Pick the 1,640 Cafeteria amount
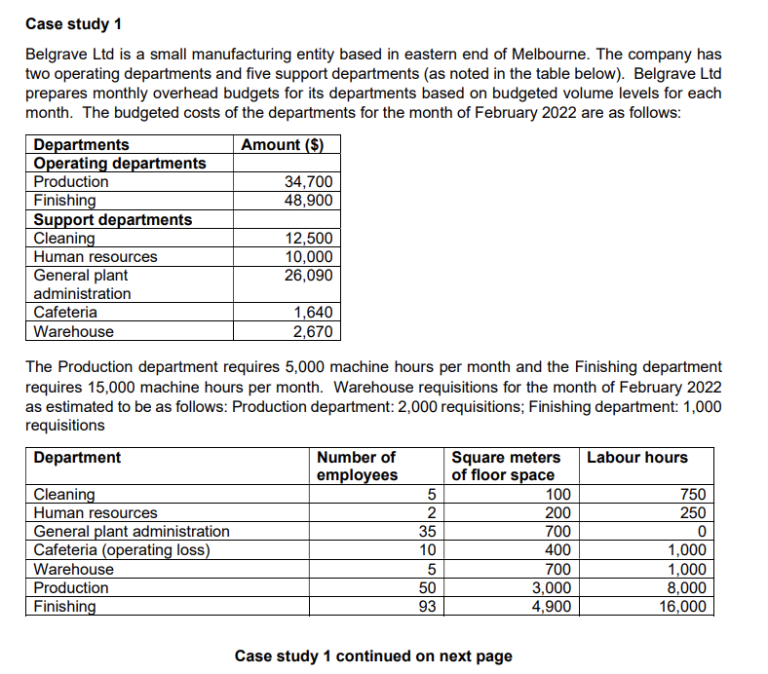(x=313, y=313)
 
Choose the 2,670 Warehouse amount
(x=313, y=332)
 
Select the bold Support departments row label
(x=113, y=220)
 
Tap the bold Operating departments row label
(x=120, y=164)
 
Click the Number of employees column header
(x=357, y=466)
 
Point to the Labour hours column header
(x=637, y=458)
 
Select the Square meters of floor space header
(x=506, y=466)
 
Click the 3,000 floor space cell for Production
(x=551, y=588)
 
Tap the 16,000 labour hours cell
(x=682, y=607)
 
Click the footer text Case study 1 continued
(x=373, y=656)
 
